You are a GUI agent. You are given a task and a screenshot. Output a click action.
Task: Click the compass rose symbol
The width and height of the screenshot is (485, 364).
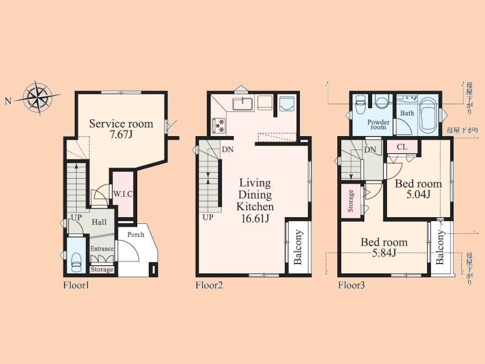(37, 98)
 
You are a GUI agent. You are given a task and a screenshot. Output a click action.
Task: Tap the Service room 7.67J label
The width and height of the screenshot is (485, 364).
(121, 129)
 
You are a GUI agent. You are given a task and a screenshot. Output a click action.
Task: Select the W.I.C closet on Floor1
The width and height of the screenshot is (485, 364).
(123, 194)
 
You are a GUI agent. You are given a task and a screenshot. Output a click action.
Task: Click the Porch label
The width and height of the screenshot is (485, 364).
(136, 234)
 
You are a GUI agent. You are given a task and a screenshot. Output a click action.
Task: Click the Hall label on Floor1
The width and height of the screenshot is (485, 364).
(99, 222)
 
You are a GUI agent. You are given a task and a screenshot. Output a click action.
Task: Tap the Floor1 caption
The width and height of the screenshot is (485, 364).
(76, 285)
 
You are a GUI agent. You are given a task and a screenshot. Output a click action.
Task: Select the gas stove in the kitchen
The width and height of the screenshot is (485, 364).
(219, 126)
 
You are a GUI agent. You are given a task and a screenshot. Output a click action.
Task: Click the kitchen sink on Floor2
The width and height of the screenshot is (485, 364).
(243, 103)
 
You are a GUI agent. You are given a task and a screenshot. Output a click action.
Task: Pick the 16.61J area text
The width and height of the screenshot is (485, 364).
(255, 219)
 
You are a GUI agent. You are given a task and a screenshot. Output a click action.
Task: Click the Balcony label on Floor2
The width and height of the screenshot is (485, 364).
(298, 247)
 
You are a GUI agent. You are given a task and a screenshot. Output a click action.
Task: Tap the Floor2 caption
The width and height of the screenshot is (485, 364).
(209, 285)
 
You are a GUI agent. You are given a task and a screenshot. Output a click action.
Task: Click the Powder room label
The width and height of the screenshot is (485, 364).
(378, 125)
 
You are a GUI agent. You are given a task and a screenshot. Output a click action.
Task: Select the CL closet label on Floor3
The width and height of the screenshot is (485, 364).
(402, 147)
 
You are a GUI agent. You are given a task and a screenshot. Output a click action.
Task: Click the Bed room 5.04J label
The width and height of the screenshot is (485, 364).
(418, 189)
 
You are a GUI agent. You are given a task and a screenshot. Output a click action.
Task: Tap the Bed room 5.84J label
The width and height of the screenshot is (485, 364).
(384, 247)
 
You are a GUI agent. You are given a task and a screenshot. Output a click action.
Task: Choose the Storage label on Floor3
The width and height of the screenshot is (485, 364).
(351, 201)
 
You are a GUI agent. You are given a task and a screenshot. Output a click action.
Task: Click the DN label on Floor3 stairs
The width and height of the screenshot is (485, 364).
(370, 151)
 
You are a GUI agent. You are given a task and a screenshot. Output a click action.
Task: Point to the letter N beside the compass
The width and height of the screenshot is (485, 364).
(8, 101)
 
